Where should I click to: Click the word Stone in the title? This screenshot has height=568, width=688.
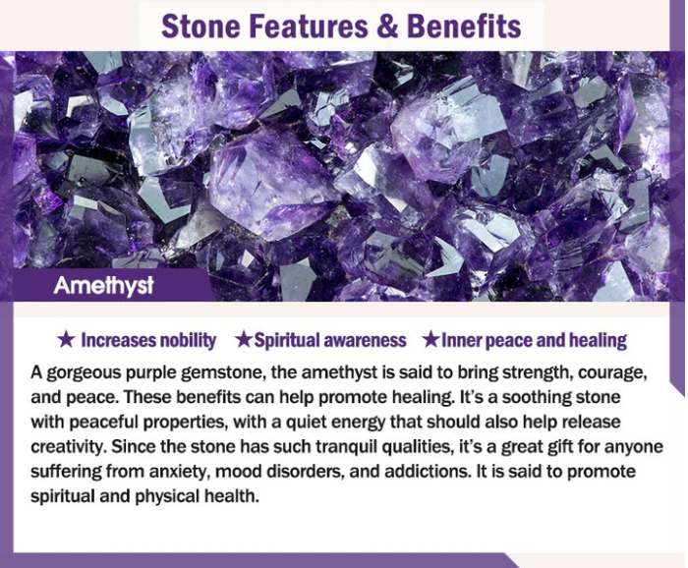[x=201, y=27]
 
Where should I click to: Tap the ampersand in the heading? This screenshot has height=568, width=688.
[x=386, y=27]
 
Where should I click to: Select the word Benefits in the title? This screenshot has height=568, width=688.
[x=464, y=27]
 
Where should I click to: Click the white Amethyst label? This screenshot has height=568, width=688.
[x=103, y=286]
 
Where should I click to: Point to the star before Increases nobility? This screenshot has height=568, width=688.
[x=66, y=339]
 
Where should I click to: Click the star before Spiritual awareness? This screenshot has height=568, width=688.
[x=243, y=339]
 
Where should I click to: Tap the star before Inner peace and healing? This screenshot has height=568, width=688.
[x=430, y=339]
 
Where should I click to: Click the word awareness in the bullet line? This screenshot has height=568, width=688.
[x=365, y=340]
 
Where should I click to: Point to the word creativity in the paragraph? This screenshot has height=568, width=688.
[x=69, y=447]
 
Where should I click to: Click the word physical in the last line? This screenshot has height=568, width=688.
[x=167, y=496]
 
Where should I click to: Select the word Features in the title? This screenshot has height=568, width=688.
[x=309, y=27]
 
